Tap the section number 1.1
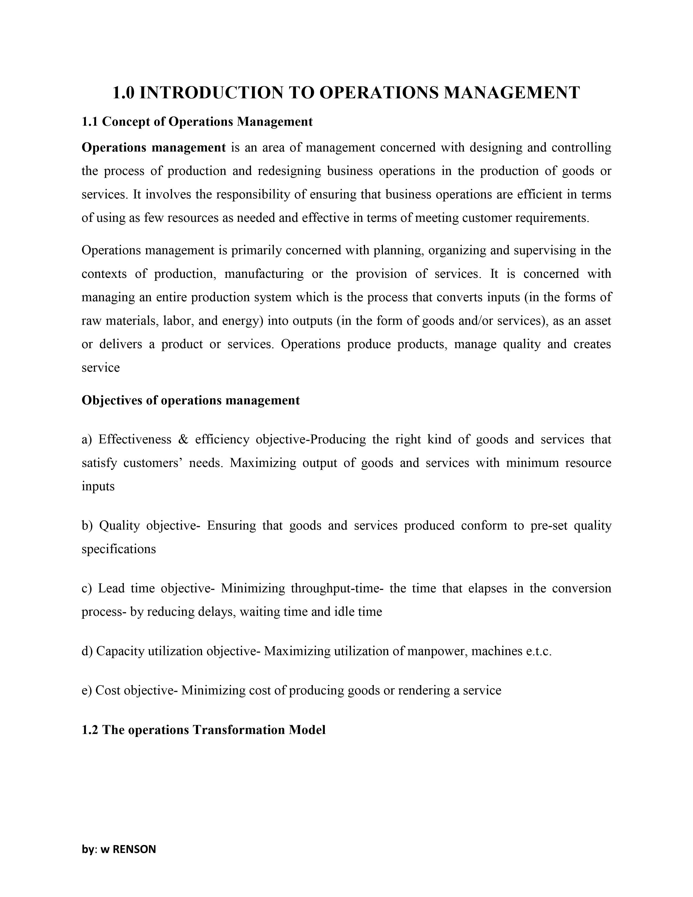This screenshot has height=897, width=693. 90,122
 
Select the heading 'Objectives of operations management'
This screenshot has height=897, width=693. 191,400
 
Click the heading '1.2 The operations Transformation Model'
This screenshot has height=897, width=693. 203,730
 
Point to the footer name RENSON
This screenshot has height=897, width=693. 134,849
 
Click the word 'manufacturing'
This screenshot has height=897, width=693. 264,273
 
